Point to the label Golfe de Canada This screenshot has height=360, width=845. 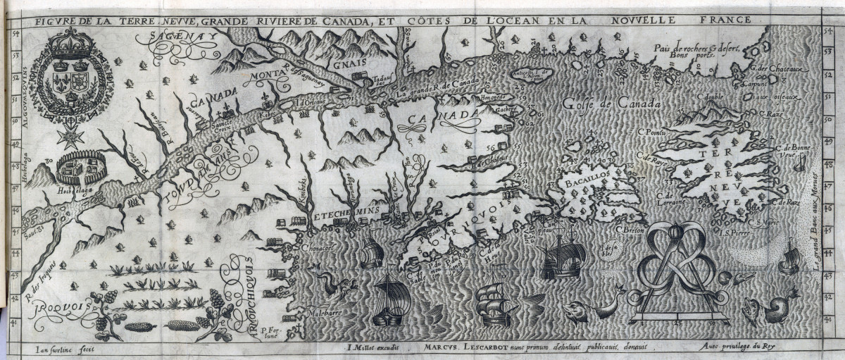pos(611,104)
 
